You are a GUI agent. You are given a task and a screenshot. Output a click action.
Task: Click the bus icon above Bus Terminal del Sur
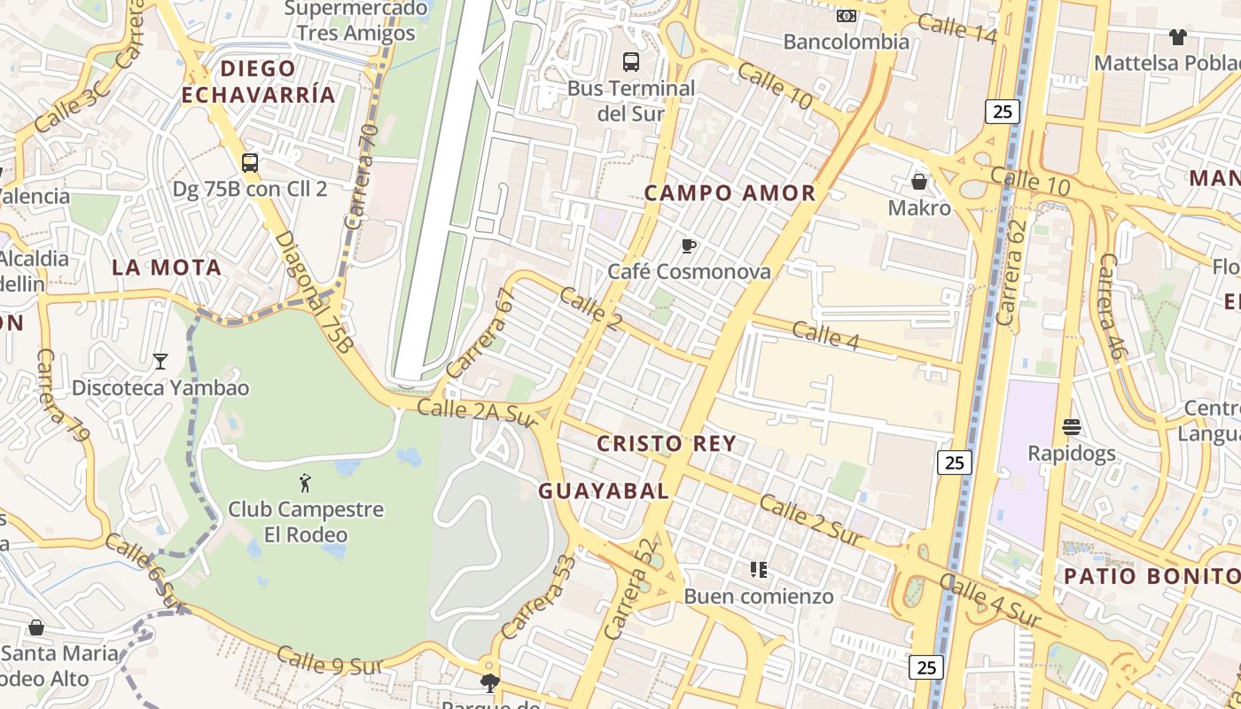click(631, 62)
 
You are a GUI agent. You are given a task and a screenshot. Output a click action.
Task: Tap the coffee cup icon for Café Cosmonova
click(689, 245)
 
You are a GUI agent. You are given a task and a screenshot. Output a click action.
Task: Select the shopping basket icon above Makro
click(919, 182)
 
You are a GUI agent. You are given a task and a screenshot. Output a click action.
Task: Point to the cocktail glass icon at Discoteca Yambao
click(160, 361)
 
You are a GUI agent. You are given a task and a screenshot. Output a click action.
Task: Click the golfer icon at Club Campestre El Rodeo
click(306, 483)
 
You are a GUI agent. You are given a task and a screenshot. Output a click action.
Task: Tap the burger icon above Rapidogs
click(1071, 427)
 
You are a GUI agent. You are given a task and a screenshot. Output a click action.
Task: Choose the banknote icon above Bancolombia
click(847, 15)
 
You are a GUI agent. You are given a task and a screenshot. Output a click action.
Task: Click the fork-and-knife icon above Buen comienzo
click(758, 569)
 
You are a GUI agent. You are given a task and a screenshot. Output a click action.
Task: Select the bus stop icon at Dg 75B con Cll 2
click(250, 163)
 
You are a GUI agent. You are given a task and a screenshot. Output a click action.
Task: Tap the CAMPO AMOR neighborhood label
click(730, 193)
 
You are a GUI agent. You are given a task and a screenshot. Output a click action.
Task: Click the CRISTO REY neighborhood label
click(667, 444)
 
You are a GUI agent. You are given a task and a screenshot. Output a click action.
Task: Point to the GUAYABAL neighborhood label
click(604, 491)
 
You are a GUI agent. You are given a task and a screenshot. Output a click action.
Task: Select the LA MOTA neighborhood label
click(167, 268)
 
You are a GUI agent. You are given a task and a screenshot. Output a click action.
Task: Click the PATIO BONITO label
click(1151, 576)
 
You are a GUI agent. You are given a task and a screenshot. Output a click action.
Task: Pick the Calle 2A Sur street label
click(477, 412)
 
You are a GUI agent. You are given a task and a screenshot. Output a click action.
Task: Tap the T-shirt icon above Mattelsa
click(1177, 36)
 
